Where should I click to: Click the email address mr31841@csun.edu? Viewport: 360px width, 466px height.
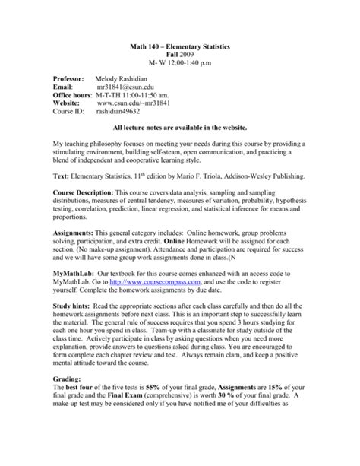(x=128, y=89)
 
